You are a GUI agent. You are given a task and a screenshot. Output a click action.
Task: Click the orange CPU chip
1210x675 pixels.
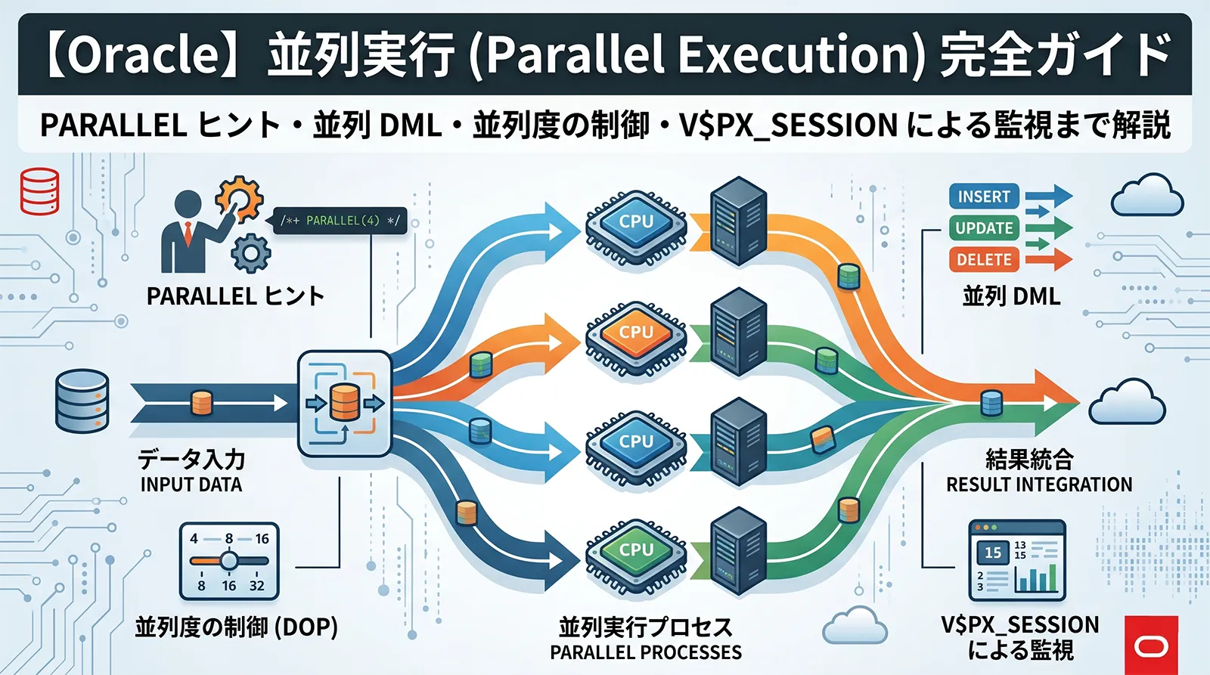(635, 333)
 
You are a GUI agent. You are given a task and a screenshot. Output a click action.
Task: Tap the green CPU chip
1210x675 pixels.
(635, 550)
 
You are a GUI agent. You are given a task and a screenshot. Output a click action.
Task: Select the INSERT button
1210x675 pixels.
(983, 197)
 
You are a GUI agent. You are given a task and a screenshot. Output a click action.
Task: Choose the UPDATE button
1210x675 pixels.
(983, 228)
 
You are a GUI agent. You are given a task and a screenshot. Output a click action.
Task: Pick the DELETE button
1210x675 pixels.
(983, 259)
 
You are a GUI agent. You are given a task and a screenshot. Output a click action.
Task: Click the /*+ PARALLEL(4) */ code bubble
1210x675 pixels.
(340, 221)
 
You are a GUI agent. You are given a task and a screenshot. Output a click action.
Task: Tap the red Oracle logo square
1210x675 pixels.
(1151, 645)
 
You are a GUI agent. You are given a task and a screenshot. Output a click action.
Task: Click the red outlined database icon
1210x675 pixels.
(39, 191)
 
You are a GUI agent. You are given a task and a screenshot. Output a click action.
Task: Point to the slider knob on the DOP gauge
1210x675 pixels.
(228, 561)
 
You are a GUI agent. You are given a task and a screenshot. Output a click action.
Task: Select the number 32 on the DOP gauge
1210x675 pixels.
(257, 586)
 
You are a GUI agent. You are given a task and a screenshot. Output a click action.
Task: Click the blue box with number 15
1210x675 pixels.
(992, 553)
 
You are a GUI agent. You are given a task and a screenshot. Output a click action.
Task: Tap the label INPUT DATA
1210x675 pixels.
(191, 485)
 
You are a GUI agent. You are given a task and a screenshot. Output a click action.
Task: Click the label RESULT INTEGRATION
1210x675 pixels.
(1039, 485)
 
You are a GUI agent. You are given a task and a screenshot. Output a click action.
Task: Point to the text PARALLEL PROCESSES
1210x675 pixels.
(646, 652)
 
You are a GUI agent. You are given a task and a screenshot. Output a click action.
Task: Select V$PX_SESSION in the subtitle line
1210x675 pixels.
(788, 125)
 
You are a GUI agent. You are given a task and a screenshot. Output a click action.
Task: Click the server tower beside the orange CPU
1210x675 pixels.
(739, 333)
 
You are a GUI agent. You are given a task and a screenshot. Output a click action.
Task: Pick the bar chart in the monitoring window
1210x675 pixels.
(1036, 578)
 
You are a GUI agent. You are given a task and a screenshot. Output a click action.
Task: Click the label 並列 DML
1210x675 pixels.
(1011, 296)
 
